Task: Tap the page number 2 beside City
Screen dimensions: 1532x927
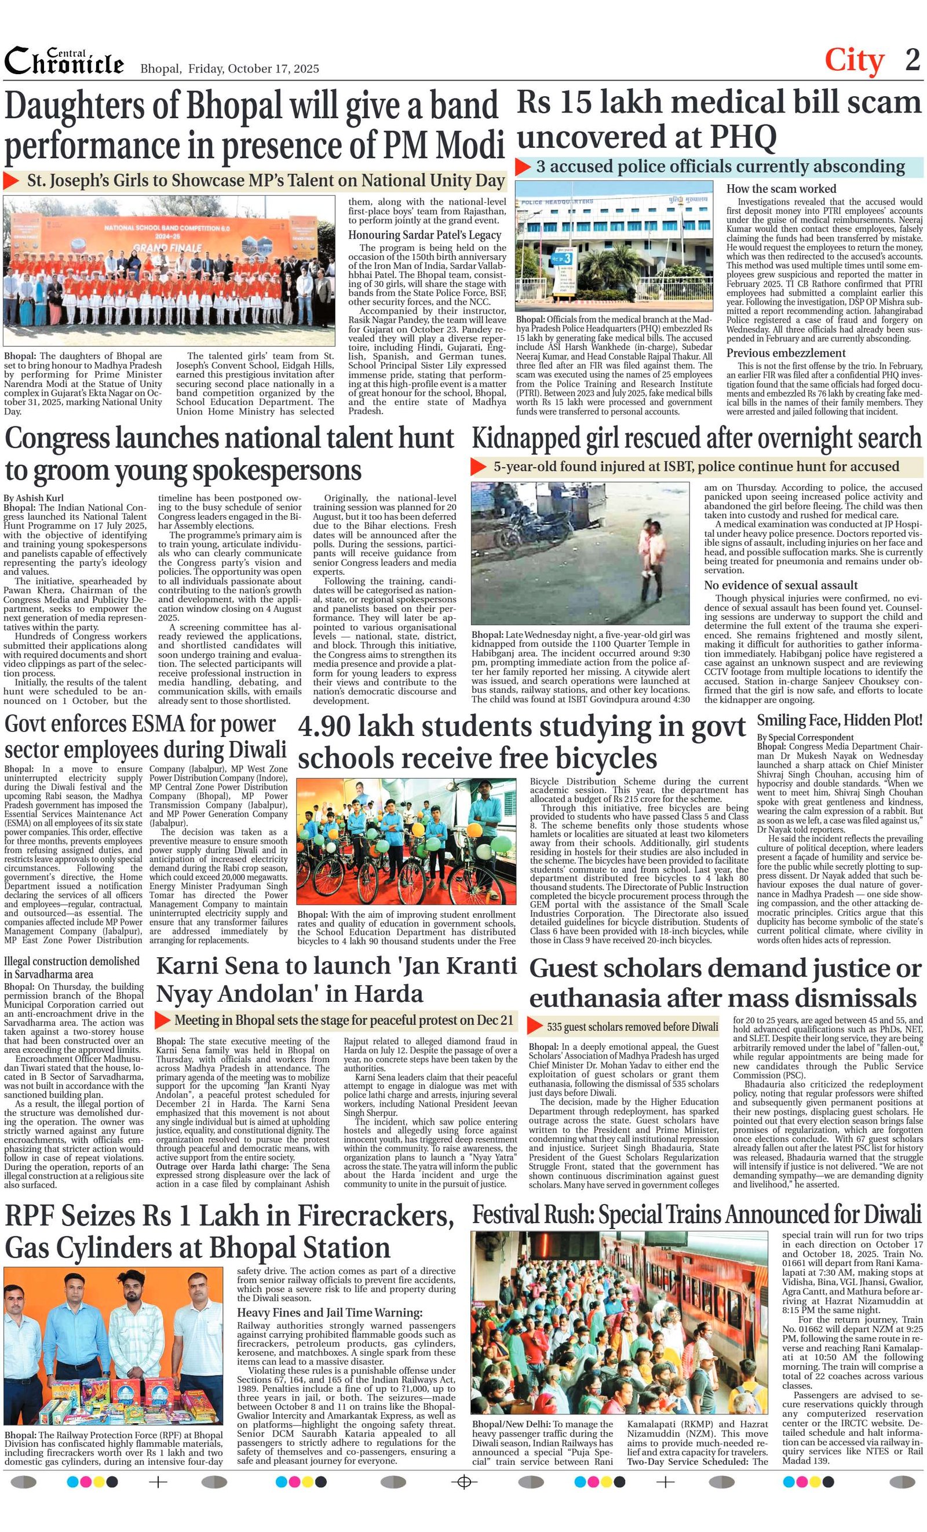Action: click(x=912, y=60)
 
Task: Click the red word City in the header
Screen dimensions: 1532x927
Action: click(x=853, y=61)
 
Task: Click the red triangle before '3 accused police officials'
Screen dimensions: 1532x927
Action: click(x=524, y=167)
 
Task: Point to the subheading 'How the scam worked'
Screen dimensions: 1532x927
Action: click(x=781, y=188)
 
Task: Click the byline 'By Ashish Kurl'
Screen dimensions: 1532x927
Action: click(x=34, y=498)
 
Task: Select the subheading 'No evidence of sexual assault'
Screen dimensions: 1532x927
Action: click(x=780, y=585)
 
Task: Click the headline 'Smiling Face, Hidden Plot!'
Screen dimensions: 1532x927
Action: click(x=840, y=721)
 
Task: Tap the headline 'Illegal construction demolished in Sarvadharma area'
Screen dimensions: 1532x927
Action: click(x=71, y=968)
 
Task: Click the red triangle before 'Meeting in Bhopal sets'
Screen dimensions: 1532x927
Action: click(x=162, y=1020)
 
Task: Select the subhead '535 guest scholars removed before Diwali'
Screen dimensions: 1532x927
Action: click(x=632, y=1027)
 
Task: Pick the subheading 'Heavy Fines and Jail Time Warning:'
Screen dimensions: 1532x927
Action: click(x=330, y=1312)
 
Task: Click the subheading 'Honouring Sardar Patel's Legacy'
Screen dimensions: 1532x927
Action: click(x=424, y=235)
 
